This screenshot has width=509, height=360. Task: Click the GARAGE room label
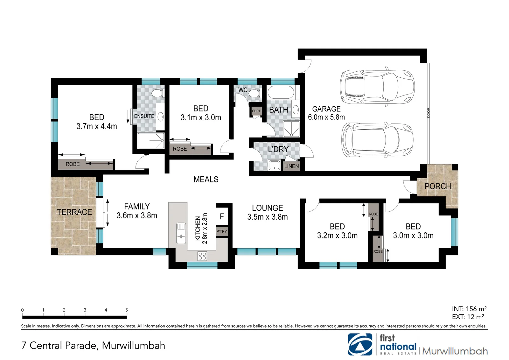point(326,109)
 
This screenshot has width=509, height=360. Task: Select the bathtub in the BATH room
point(281,92)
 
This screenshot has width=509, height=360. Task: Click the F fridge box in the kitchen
point(222,216)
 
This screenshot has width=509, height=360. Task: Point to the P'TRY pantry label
point(221,231)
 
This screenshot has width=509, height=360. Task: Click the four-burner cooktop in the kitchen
point(202,256)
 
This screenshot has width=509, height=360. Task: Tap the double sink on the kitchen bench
point(181,233)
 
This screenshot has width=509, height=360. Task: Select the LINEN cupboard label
point(291,166)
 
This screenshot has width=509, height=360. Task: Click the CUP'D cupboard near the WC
point(256,111)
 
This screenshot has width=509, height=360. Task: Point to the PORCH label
point(438,186)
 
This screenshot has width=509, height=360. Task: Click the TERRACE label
point(74,212)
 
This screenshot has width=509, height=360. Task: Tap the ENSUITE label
point(144,116)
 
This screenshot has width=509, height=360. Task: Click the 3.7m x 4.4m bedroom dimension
point(97,126)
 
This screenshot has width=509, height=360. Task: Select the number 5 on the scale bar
point(127,310)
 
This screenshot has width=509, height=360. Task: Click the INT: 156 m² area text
point(469,309)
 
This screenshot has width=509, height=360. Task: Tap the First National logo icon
point(360,344)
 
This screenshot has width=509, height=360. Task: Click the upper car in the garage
point(377,87)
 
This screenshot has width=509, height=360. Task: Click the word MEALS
point(206,180)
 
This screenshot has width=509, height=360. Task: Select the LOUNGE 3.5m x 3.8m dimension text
point(268,217)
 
